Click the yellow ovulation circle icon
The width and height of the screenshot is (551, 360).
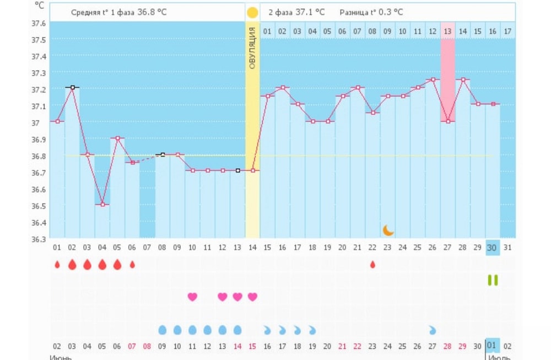click(252, 12)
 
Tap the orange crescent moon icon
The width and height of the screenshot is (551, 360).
click(388, 230)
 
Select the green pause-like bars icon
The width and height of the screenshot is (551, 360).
click(493, 280)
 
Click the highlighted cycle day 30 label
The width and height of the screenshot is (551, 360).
click(492, 248)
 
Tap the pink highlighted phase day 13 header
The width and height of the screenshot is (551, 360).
click(447, 31)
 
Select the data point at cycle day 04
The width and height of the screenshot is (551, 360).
click(102, 205)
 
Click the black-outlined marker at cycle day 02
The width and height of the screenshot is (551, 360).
click(72, 87)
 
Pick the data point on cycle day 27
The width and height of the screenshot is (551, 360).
click(447, 121)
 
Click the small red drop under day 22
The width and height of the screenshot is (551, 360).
click(372, 265)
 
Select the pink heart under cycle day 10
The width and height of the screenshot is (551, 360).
click(192, 297)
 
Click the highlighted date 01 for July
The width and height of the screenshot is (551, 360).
click(491, 346)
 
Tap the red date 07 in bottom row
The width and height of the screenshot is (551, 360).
click(132, 346)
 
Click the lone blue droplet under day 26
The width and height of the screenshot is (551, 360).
click(433, 330)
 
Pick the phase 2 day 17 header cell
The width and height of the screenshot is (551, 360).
click(507, 31)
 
